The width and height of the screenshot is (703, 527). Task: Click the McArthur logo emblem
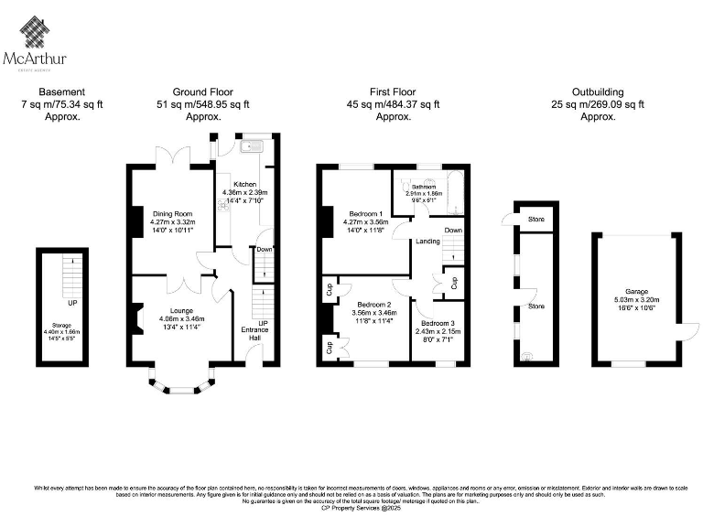click(x=35, y=34)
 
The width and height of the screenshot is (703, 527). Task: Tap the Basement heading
click(x=62, y=92)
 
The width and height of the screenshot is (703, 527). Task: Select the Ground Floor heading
click(x=202, y=92)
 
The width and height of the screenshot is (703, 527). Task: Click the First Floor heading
click(x=393, y=92)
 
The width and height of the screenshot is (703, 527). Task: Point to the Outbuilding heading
click(x=598, y=92)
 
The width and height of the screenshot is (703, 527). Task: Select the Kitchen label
click(x=244, y=184)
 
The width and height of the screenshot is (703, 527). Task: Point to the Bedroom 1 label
click(x=364, y=213)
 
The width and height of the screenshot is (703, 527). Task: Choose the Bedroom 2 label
click(x=374, y=304)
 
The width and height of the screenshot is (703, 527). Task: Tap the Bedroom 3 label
click(x=437, y=323)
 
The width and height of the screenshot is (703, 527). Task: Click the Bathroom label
click(x=424, y=186)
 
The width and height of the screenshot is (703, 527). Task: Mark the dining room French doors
click(x=170, y=156)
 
